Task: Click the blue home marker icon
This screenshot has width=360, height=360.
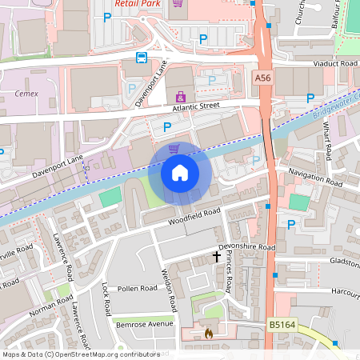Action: [180, 173]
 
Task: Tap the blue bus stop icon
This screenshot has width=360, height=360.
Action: [142, 58]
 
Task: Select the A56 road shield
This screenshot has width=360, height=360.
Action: [263, 78]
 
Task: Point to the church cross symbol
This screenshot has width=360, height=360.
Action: [216, 257]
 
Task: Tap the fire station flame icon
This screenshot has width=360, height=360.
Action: [209, 331]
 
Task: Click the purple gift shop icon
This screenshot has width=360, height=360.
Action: [181, 97]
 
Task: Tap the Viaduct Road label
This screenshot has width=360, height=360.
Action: [335, 62]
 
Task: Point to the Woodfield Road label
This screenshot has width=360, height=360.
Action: [193, 216]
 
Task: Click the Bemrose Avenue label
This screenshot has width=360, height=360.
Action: [144, 324]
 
